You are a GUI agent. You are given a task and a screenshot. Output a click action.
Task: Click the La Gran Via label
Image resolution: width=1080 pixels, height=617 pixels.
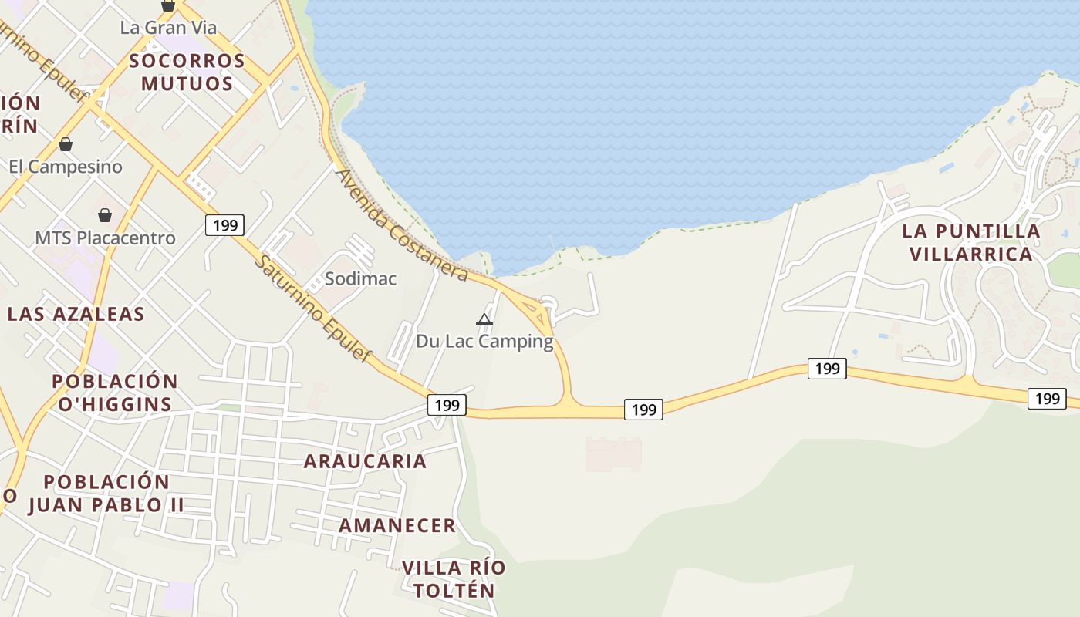tap(168, 28)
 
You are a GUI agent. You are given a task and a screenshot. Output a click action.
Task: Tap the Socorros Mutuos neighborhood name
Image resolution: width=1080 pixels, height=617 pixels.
tap(187, 72)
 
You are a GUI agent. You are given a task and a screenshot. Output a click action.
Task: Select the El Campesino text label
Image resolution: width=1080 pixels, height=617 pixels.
tap(66, 167)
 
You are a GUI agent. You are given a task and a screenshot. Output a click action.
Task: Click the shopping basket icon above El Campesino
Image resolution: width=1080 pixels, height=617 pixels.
tap(66, 144)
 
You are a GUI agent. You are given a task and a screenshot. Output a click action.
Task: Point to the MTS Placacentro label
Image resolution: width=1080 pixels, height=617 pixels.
tap(105, 238)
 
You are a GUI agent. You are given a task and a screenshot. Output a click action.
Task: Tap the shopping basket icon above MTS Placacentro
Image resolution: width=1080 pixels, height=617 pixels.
tap(104, 215)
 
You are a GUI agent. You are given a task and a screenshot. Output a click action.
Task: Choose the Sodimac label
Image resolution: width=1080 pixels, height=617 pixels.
tap(360, 278)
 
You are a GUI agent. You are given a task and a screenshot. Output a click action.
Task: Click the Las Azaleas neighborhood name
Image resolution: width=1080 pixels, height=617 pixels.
tap(76, 314)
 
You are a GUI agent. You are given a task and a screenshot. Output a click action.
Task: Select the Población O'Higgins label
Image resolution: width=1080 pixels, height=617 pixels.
tap(114, 393)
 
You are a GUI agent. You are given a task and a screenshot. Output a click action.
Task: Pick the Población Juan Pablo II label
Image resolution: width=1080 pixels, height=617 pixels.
tap(106, 494)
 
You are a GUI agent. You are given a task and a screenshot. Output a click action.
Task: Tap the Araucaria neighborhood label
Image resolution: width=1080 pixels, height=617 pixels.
tap(365, 461)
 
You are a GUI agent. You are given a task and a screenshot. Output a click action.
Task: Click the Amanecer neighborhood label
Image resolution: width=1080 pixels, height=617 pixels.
tap(397, 526)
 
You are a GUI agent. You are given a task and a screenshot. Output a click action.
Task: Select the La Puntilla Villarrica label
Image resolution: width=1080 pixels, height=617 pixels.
tap(970, 242)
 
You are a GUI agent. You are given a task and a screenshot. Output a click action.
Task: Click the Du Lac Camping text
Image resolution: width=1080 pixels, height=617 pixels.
tap(484, 341)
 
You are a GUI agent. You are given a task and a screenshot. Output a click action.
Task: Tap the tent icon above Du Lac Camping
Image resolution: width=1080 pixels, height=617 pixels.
tap(484, 319)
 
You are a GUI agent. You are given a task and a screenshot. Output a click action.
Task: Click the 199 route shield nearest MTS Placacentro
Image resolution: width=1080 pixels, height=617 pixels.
tap(224, 225)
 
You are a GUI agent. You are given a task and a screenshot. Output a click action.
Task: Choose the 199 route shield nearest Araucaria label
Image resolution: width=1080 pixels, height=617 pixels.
tap(447, 405)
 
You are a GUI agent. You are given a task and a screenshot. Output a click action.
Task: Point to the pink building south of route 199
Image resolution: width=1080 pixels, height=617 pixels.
tap(613, 454)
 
